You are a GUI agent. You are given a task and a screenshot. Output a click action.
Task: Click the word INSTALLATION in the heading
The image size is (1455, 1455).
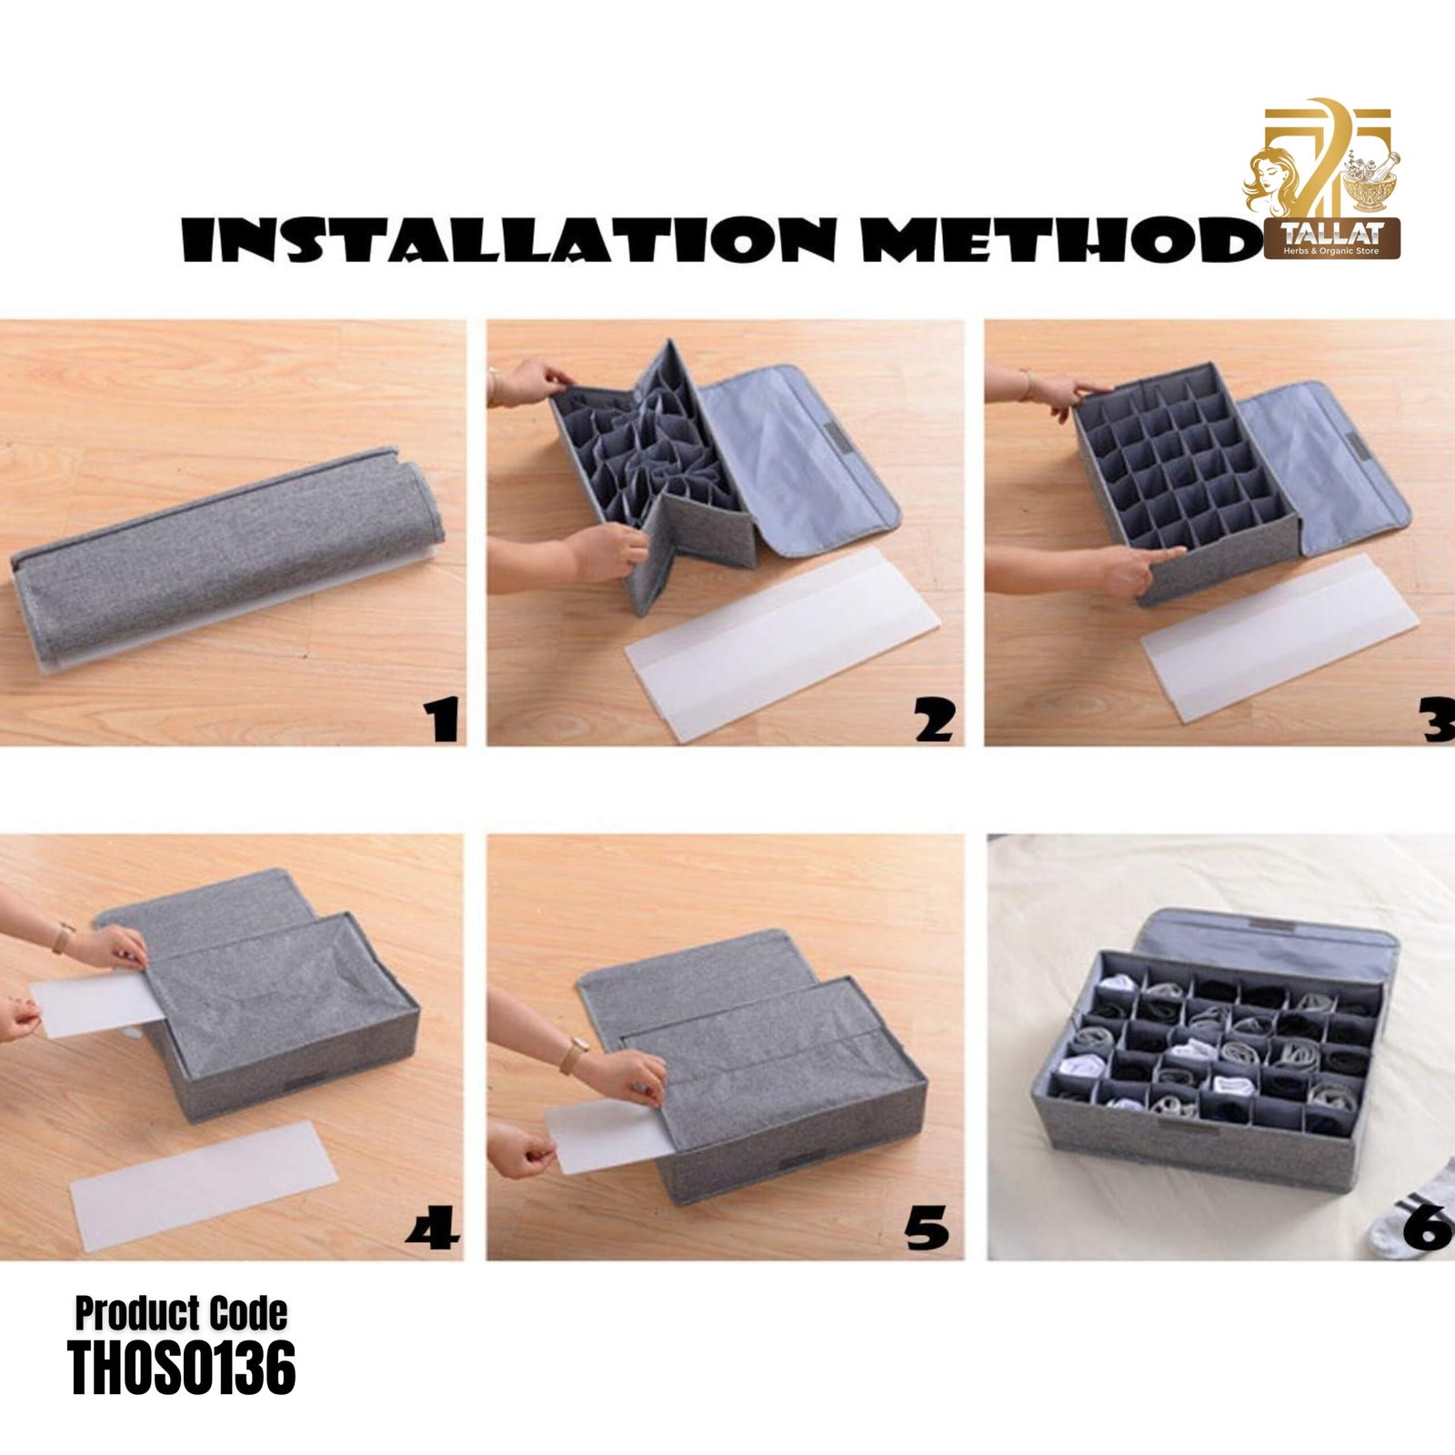pos(508,239)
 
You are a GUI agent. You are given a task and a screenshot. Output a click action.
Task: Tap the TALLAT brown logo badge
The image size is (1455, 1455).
pos(1332,238)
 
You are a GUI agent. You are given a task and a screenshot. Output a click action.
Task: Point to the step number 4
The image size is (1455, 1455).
pos(433,1227)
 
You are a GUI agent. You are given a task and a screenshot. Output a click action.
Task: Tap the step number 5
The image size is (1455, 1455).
pos(927,1227)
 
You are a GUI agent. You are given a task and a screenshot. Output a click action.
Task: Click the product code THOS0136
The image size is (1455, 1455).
pos(182,1369)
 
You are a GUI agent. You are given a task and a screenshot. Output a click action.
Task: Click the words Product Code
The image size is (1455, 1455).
pos(181,1314)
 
